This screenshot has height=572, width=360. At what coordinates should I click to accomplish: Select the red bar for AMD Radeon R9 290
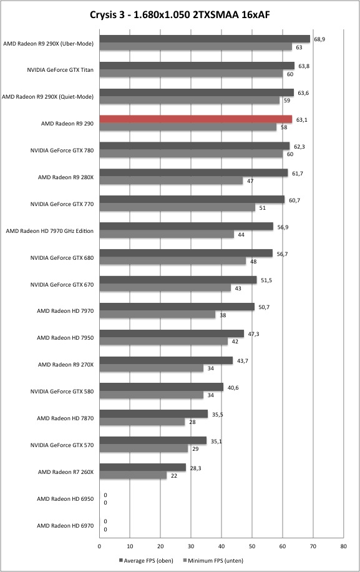[x=196, y=119]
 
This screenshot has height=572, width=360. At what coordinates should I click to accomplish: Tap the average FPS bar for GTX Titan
[x=197, y=66]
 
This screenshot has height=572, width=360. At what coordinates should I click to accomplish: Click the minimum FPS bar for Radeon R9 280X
[x=171, y=180]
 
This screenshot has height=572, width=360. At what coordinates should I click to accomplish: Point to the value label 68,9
[x=319, y=39]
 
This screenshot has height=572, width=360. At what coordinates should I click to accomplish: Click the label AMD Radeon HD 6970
[x=66, y=526]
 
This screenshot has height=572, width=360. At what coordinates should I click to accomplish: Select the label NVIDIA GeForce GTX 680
[x=62, y=257]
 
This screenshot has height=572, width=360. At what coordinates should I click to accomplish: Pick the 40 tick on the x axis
[x=221, y=546]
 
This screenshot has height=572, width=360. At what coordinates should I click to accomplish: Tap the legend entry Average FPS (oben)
[x=146, y=560]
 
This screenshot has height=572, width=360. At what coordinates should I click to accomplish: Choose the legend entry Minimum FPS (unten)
[x=213, y=560]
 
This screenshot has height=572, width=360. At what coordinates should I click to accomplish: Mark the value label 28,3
[x=196, y=468]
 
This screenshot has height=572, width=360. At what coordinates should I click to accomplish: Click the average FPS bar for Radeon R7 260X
[x=142, y=467]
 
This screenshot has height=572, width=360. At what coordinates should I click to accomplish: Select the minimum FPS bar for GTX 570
[x=144, y=448]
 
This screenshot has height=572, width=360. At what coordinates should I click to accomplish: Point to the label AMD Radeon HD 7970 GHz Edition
[x=49, y=231]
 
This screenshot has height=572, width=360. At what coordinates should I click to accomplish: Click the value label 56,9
[x=283, y=227]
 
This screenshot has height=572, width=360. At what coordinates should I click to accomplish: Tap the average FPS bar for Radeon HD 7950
[x=172, y=333]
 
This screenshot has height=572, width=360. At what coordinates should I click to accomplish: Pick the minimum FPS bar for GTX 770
[x=177, y=207]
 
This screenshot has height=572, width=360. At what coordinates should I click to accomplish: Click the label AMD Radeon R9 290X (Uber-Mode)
[x=48, y=44]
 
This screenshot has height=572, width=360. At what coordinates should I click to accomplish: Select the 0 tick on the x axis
[x=99, y=546]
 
